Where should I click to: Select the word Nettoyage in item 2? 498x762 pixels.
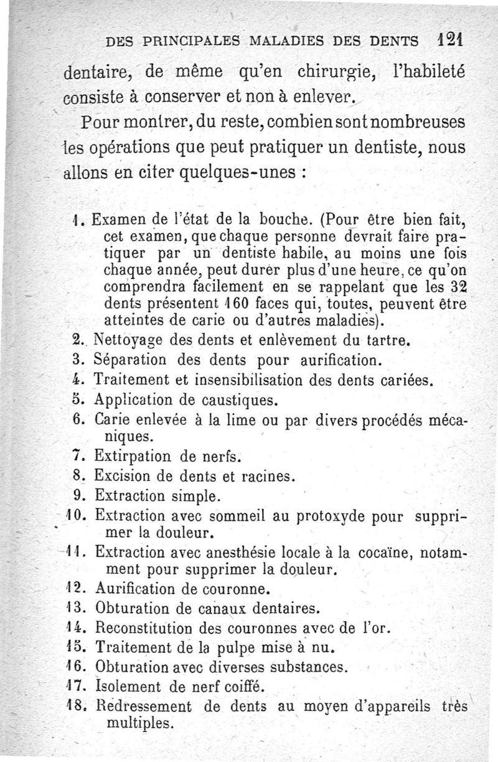(130, 341)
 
